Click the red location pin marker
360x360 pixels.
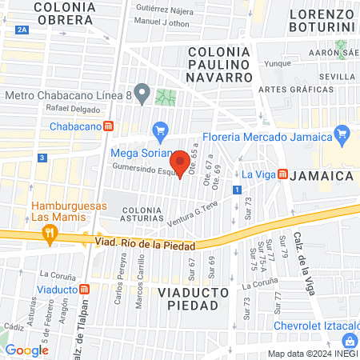181,163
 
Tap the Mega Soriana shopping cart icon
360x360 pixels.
160,130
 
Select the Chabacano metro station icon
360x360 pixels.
118,126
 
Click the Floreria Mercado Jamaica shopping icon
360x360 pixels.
342,133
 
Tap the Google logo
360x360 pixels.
27,350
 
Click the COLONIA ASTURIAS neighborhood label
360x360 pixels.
142,214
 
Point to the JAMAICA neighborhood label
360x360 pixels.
322,174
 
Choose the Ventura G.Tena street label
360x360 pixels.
194,214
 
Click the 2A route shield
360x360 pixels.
22,30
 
